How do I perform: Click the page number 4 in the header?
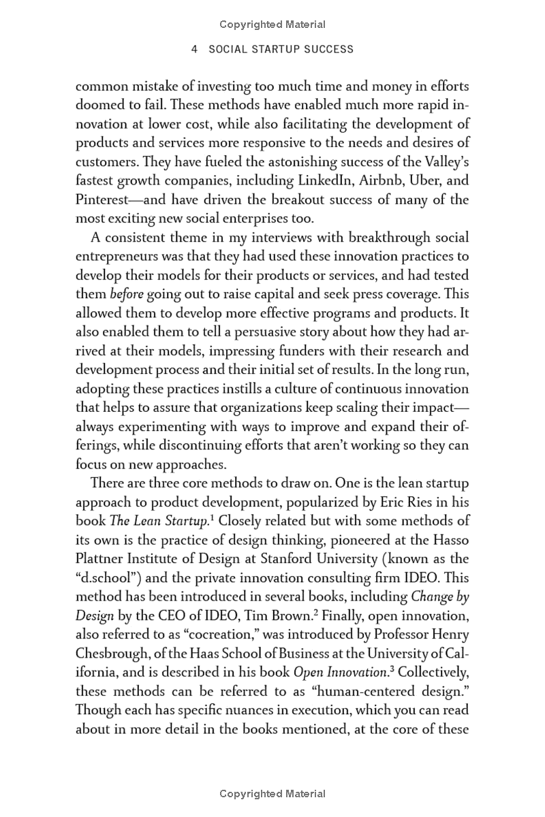[195, 49]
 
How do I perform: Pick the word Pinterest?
[103, 200]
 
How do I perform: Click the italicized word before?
[126, 295]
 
